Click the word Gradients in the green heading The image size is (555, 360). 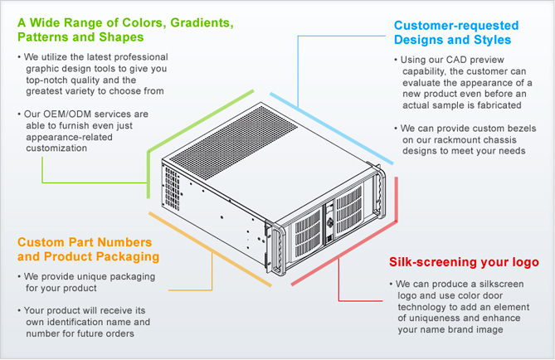[x=202, y=23]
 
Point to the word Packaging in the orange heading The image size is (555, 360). [x=128, y=256]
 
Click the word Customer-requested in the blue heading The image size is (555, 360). [x=456, y=26]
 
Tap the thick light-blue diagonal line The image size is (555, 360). [x=332, y=129]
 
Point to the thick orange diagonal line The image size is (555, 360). [x=210, y=249]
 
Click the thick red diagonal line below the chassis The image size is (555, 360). [x=344, y=253]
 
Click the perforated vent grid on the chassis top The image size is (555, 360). [x=234, y=143]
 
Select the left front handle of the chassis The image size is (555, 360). [x=278, y=249]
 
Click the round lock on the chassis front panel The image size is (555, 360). [x=330, y=222]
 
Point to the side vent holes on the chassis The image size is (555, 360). [x=172, y=188]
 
